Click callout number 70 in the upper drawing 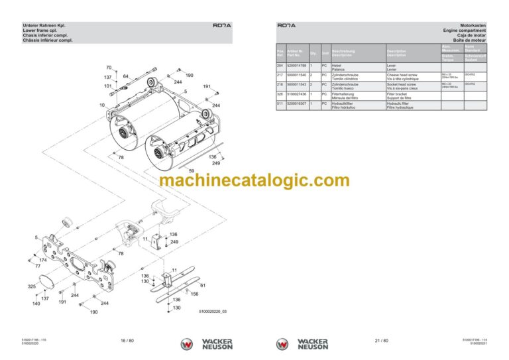109,68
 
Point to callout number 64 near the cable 126,76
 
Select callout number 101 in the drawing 108,86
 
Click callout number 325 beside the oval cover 31,287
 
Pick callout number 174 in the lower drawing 42,261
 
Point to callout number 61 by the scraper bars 202,285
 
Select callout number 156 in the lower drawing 194,294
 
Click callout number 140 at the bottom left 36,304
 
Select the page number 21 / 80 381,341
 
